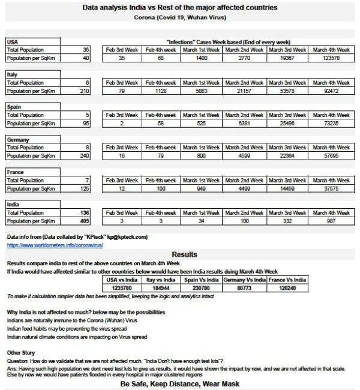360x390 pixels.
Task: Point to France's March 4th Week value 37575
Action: [331, 188]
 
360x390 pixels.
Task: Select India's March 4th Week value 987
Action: [331, 221]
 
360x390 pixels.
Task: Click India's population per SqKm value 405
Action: [83, 221]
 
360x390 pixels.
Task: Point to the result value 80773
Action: [244, 288]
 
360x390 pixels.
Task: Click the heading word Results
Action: [184, 255]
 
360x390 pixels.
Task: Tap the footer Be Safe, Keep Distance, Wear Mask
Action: [180, 383]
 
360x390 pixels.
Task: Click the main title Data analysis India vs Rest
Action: [179, 8]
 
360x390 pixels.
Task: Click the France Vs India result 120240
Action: [286, 288]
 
